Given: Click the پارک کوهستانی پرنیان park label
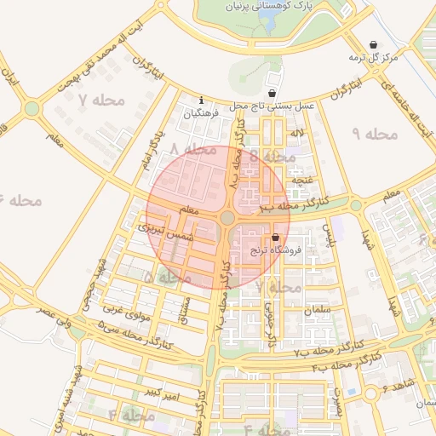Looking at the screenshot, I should coord(271,6).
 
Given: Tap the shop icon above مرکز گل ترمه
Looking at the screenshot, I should coord(373,45).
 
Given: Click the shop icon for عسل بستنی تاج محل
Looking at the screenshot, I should coord(272,94).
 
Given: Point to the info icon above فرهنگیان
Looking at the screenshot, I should coord(201,100).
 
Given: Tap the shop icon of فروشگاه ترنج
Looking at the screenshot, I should coord(275,238).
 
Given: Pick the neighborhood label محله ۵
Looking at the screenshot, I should coord(167,278).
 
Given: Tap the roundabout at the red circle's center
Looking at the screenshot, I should coord(227,218).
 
